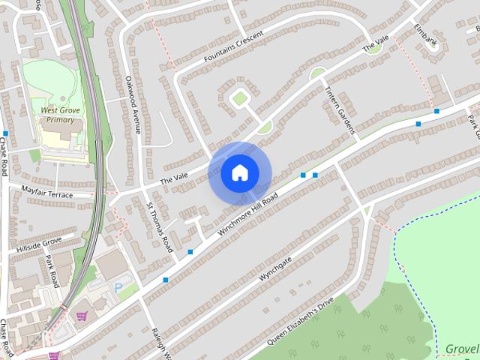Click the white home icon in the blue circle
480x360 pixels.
[239, 172]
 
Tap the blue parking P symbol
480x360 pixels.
[118, 288]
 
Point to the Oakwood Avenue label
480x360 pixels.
[133, 103]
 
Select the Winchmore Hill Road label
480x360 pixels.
[247, 215]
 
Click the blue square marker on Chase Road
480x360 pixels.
[5, 133]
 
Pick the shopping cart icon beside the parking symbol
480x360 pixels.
[82, 316]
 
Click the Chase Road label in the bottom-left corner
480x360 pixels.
[7, 337]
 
